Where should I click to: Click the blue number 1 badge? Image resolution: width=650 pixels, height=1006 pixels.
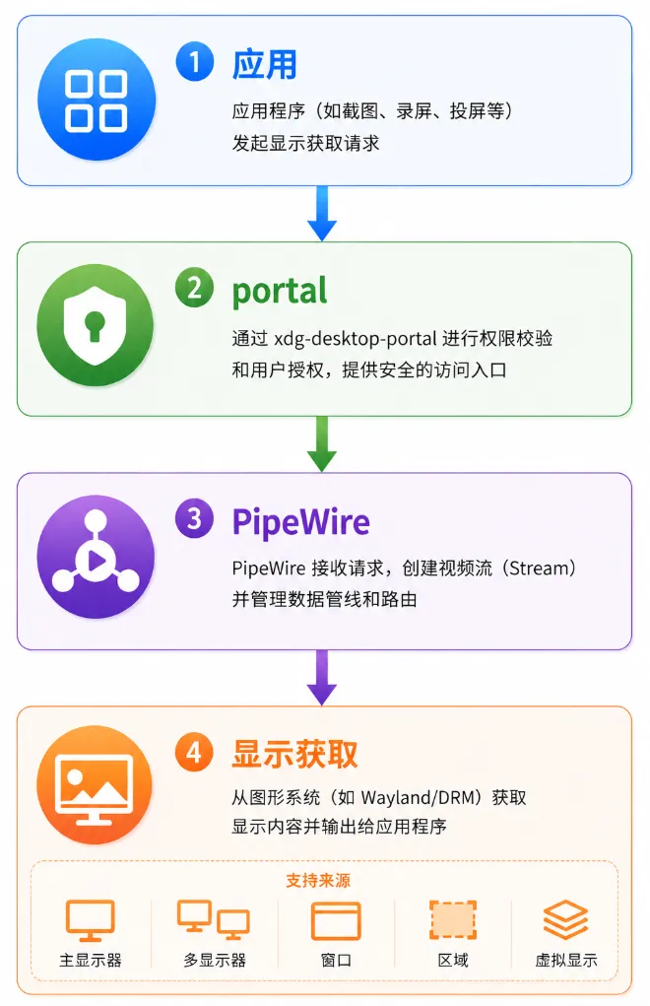[194, 62]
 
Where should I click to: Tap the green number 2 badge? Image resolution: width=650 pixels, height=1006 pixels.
[194, 288]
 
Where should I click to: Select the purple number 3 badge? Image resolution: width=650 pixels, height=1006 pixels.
[194, 518]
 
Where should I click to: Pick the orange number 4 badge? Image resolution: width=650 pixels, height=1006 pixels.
[194, 752]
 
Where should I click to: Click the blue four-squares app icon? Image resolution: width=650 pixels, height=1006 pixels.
[97, 101]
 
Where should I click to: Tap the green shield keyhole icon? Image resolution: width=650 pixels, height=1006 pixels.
[96, 325]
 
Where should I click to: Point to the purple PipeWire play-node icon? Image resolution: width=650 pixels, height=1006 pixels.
[96, 557]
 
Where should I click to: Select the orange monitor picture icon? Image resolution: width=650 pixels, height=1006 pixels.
[95, 785]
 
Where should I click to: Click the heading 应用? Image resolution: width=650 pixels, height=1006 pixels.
[265, 64]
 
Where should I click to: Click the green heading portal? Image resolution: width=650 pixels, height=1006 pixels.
[280, 292]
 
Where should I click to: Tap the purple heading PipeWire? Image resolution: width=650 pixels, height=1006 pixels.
[301, 521]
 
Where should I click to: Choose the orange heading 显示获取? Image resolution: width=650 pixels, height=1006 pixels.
[294, 754]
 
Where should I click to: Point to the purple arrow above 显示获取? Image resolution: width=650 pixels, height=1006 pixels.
[322, 678]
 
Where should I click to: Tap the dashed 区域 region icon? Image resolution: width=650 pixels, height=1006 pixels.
[453, 920]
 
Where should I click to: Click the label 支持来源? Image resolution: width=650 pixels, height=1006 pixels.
[318, 880]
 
